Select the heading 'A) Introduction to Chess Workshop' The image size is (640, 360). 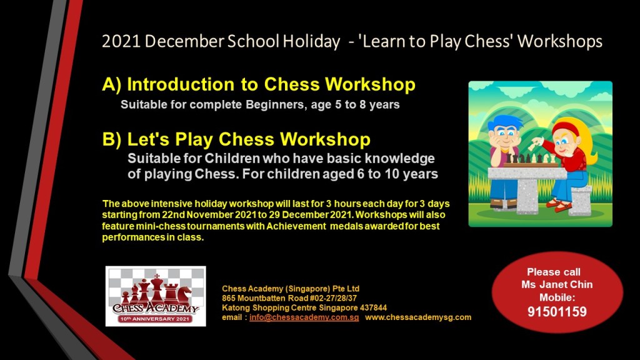tap(259, 84)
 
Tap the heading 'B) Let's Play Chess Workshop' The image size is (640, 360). tap(236, 139)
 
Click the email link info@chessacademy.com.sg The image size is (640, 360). tap(304, 317)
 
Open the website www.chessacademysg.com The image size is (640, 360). tap(418, 317)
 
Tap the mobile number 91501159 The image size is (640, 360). tap(557, 312)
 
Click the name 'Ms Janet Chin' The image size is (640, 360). tap(557, 284)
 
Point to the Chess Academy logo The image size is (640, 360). tap(156, 296)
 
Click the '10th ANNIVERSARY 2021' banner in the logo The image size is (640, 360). tap(155, 319)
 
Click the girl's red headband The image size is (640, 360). tap(565, 127)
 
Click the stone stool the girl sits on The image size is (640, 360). tap(580, 200)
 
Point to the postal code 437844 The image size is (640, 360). tap(373, 307)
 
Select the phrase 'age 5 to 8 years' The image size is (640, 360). tap(355, 105)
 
